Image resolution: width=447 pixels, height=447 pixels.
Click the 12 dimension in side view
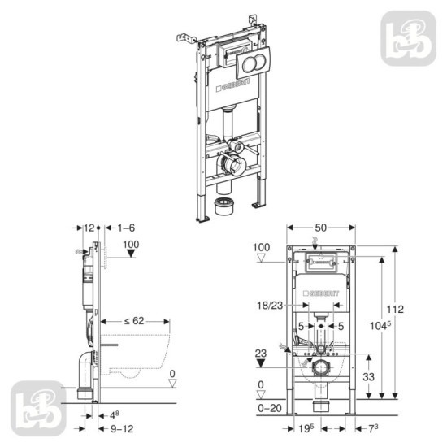(89, 229)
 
